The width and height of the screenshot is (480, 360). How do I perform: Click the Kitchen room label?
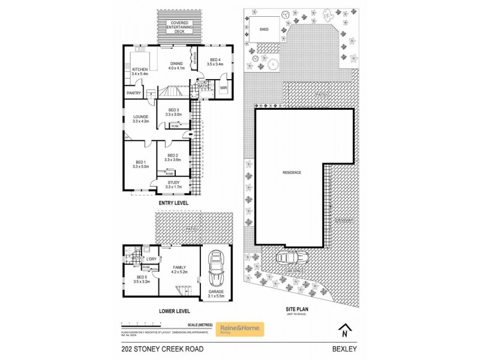[139, 71]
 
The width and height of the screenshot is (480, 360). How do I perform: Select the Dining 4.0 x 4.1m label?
[176, 66]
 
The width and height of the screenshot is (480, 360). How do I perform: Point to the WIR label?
[223, 88]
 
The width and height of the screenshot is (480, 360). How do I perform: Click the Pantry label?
[133, 93]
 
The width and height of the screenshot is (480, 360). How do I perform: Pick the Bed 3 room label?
[173, 112]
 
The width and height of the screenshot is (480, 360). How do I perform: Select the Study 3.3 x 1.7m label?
[173, 185]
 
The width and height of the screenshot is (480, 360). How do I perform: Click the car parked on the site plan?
[290, 257]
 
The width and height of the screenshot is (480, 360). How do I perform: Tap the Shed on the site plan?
[263, 29]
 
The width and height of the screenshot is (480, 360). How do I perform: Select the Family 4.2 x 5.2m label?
[179, 269]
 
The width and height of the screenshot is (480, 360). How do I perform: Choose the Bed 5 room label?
[140, 279]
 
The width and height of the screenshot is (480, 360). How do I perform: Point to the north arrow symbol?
[343, 329]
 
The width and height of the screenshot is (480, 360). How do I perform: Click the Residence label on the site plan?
[292, 172]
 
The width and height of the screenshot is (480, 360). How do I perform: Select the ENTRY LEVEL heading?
[173, 203]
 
